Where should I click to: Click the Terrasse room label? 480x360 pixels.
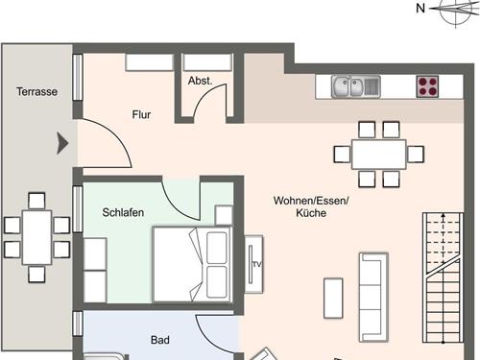(37, 92)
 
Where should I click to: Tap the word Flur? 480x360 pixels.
(141, 114)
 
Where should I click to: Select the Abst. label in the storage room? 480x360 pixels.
(200, 81)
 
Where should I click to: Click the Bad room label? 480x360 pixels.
(160, 340)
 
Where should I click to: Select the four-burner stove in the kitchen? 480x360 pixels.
(427, 87)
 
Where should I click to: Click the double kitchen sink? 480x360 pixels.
(356, 87)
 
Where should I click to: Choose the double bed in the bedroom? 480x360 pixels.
(192, 264)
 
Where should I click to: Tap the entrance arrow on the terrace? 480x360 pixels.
(63, 144)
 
